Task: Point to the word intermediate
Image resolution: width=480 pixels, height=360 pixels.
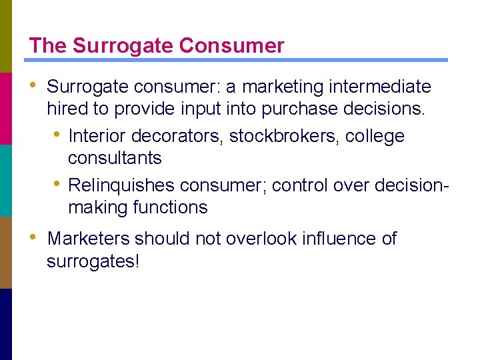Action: tap(386, 87)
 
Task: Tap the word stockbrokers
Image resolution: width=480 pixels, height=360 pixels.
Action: tap(285, 136)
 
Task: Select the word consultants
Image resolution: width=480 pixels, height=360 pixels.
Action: tap(115, 158)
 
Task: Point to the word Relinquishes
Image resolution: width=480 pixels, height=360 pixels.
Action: tap(122, 185)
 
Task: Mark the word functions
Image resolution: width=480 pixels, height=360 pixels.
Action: tap(171, 207)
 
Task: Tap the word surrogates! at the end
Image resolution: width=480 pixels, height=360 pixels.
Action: tap(93, 261)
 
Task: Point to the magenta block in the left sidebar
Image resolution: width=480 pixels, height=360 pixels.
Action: tap(6, 108)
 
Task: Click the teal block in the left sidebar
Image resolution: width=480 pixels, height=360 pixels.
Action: tap(6, 180)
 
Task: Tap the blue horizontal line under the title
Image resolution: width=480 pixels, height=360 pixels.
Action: tap(237, 60)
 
